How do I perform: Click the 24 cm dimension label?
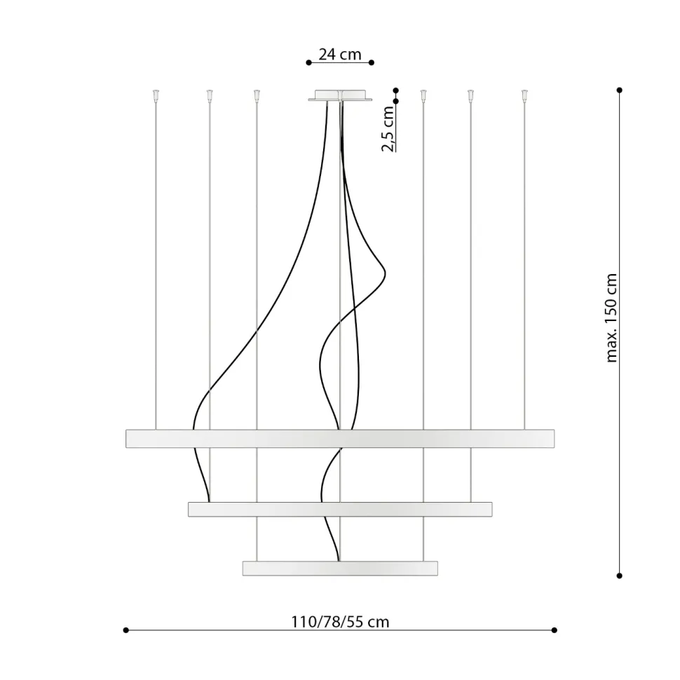pyautogui.click(x=339, y=54)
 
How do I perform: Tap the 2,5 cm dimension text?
pyautogui.click(x=388, y=130)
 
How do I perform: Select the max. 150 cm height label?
pyautogui.click(x=611, y=318)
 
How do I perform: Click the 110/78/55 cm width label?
pyautogui.click(x=340, y=621)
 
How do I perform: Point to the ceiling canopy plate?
pyautogui.click(x=340, y=96)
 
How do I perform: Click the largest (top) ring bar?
pyautogui.click(x=340, y=438)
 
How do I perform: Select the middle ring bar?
pyautogui.click(x=340, y=510)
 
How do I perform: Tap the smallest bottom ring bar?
pyautogui.click(x=340, y=568)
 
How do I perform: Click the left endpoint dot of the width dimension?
pyautogui.click(x=126, y=630)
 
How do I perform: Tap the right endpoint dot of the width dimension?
pyautogui.click(x=555, y=630)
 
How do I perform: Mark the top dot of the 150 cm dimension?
pyautogui.click(x=620, y=90)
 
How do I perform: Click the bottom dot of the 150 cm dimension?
pyautogui.click(x=620, y=576)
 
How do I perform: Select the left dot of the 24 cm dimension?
pyautogui.click(x=308, y=62)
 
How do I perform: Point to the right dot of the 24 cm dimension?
pyautogui.click(x=372, y=62)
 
